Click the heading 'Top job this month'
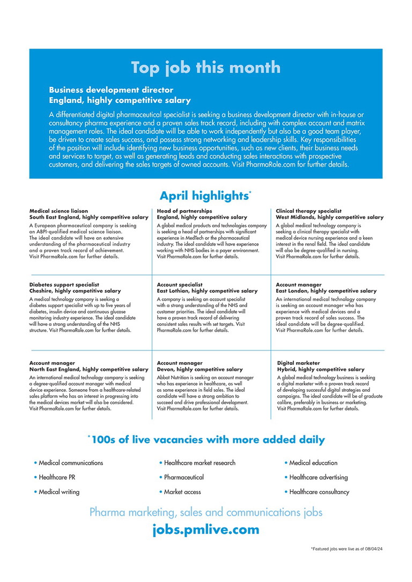click(x=205, y=68)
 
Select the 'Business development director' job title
click(x=111, y=91)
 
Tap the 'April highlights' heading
click(x=203, y=196)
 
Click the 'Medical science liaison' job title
click(x=58, y=211)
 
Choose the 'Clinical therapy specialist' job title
click(x=308, y=211)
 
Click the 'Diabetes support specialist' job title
click(x=64, y=285)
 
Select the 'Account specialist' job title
click(x=180, y=285)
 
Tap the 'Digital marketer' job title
click(x=298, y=363)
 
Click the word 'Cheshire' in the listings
click(x=41, y=291)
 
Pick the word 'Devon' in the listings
click(x=165, y=369)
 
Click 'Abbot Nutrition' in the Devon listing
click(x=174, y=377)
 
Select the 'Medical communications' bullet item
click(x=71, y=462)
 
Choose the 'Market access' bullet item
click(x=182, y=491)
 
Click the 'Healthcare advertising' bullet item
click(x=319, y=477)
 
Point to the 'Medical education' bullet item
click(x=313, y=462)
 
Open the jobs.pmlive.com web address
click(x=205, y=530)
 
